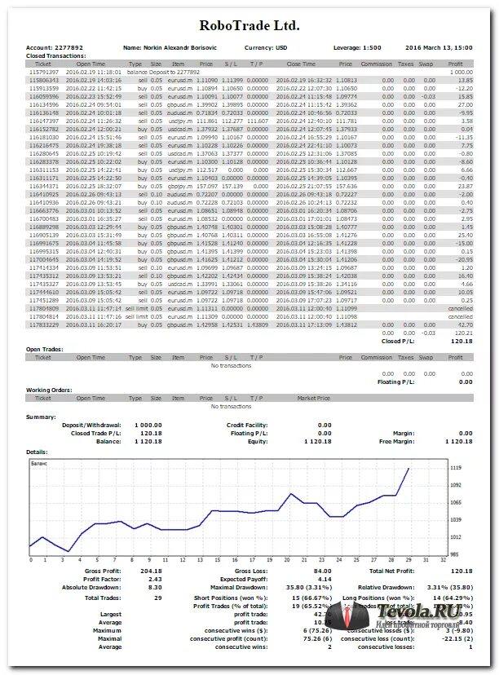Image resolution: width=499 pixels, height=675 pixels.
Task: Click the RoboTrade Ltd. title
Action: point(249,26)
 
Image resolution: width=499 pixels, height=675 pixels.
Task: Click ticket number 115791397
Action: point(43,72)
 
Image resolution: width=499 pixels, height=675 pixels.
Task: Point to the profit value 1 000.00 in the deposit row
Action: point(461,72)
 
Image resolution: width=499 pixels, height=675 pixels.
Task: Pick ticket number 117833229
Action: point(43,324)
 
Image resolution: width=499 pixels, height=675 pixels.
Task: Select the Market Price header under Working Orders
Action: point(314,399)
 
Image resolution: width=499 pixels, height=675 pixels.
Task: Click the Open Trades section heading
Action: point(44,350)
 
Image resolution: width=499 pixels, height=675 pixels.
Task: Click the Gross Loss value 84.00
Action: point(321,571)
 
